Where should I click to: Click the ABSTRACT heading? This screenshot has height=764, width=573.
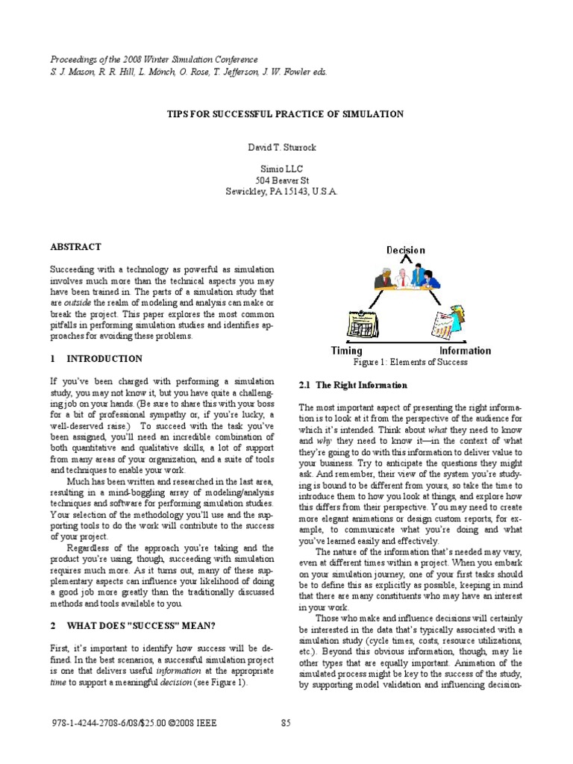point(75,247)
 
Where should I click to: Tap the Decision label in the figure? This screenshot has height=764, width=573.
point(405,251)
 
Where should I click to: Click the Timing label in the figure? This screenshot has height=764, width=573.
point(346,351)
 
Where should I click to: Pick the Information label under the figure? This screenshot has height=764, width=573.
point(465,351)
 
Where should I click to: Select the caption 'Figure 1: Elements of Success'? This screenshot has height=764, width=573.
point(411,362)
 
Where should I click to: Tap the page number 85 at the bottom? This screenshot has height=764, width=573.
point(286,721)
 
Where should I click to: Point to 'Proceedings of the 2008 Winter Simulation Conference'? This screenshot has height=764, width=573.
point(154,60)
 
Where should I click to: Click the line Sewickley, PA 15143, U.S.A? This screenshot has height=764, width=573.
point(282,192)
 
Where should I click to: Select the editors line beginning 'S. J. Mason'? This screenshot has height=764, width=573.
point(188,72)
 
